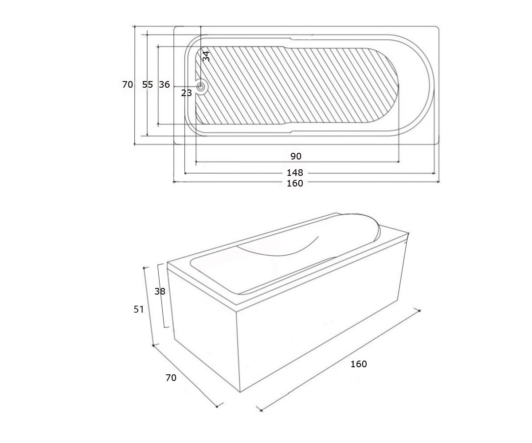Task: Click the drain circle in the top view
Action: click(200, 86)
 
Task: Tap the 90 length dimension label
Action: click(296, 156)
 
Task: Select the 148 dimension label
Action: click(295, 173)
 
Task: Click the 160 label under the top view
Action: click(295, 183)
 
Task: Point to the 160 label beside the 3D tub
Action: click(359, 364)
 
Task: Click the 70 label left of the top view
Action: click(127, 85)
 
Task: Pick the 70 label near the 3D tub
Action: click(171, 378)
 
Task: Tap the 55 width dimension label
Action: click(148, 85)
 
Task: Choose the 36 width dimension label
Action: click(164, 85)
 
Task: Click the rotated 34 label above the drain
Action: click(206, 56)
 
